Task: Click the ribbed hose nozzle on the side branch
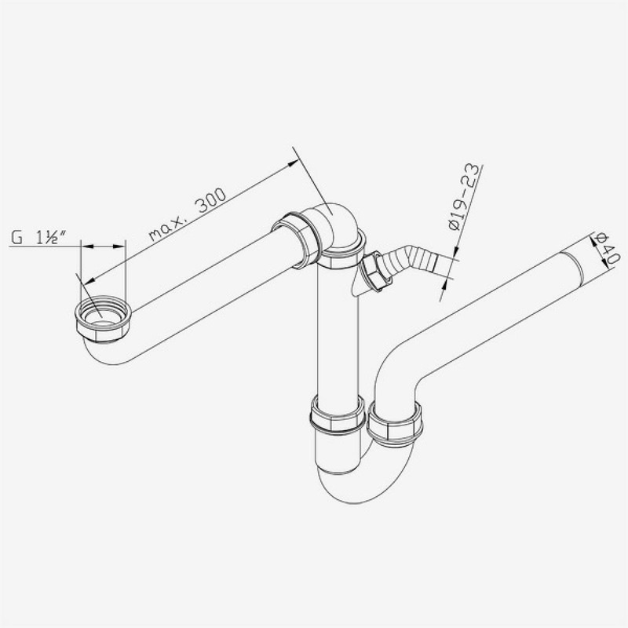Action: (x=416, y=258)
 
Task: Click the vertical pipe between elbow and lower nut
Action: (x=338, y=330)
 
